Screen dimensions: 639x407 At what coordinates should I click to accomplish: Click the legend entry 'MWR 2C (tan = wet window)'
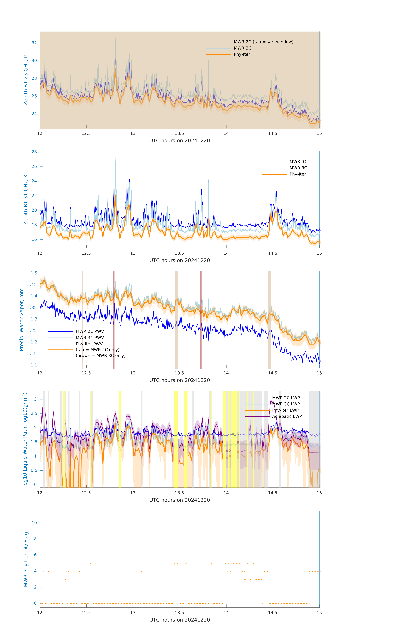263,42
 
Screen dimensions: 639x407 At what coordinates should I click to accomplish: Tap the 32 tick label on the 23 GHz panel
34,43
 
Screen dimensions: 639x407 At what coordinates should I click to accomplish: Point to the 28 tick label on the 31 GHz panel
34,152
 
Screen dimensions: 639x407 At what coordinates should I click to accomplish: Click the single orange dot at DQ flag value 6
221,555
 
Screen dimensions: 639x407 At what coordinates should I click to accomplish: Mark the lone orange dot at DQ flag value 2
65,579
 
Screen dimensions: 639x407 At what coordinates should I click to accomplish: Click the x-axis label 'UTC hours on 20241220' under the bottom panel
180,620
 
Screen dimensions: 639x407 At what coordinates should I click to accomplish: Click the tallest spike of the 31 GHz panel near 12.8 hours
116,157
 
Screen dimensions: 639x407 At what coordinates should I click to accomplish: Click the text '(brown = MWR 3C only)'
100,356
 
